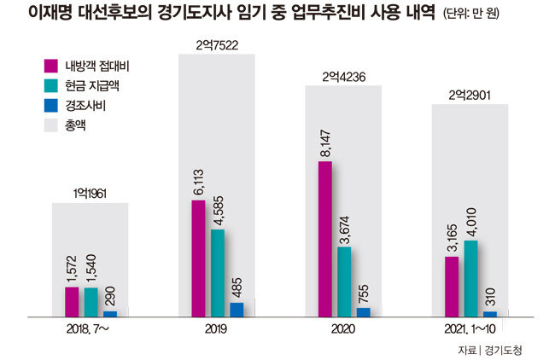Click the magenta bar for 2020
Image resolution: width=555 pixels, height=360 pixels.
click(x=325, y=239)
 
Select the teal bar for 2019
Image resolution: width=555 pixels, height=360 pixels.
click(x=218, y=273)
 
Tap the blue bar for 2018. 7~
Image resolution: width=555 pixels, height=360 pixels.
click(x=110, y=314)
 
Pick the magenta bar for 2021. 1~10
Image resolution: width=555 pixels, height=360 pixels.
click(x=452, y=287)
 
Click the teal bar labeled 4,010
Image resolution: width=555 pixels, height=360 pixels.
click(x=470, y=279)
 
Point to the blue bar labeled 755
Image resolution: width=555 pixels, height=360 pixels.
click(x=364, y=312)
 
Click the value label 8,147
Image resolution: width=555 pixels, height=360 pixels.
click(x=325, y=143)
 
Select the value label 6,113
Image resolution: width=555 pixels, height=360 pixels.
click(x=199, y=182)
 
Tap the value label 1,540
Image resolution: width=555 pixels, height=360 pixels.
click(x=91, y=269)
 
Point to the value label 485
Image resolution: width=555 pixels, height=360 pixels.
click(x=237, y=287)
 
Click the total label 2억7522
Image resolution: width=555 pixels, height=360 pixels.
click(x=217, y=45)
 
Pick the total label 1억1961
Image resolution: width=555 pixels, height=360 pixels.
click(x=90, y=194)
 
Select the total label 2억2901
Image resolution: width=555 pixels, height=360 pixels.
click(x=470, y=96)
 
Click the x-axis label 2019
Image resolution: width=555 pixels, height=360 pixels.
click(x=216, y=329)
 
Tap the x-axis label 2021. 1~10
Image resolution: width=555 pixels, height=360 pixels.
click(x=470, y=329)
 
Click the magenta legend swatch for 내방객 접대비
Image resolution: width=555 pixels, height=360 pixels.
click(x=51, y=67)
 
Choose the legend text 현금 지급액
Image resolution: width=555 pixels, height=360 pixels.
click(x=92, y=86)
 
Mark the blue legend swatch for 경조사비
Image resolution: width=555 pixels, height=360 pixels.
click(x=51, y=106)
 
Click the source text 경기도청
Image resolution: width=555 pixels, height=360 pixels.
click(x=503, y=351)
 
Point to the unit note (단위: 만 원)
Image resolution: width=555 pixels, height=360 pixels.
click(x=471, y=14)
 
